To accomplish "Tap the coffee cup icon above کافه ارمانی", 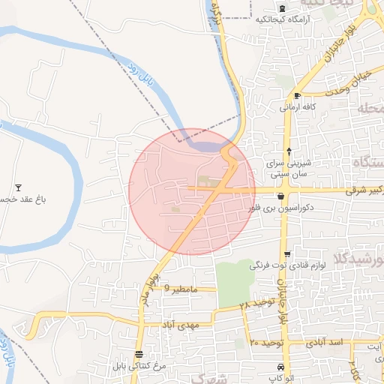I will click(297, 96).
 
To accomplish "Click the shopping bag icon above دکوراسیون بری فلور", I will click(280, 196).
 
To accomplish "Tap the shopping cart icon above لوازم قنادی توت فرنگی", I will click(286, 253).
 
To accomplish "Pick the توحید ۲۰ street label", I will click(264, 342).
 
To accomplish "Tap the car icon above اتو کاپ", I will click(280, 367).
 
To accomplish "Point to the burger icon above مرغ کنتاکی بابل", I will click(139, 354).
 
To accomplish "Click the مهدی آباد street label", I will click(178, 325).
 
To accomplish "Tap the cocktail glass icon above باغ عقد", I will click(19, 187).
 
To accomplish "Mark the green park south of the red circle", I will click(235, 282).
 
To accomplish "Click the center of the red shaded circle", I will click(192, 191).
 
